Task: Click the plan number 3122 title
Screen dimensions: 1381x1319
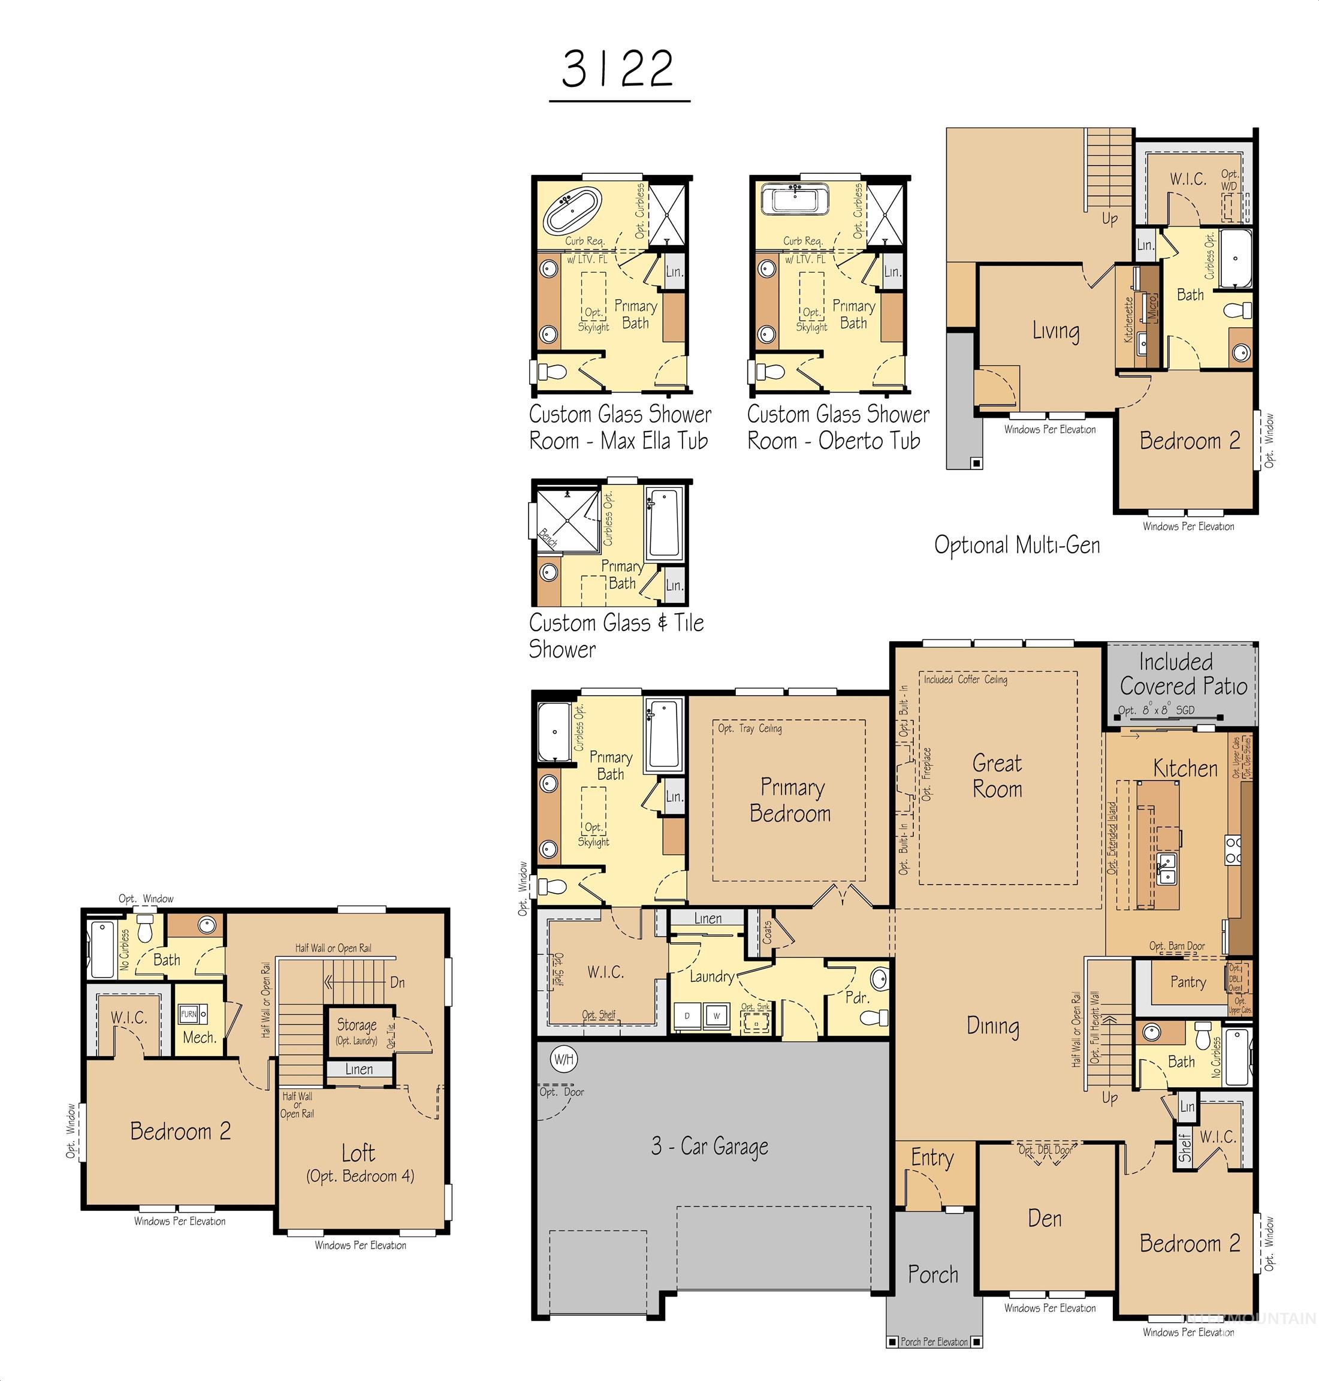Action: (618, 70)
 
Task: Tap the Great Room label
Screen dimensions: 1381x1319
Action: (997, 776)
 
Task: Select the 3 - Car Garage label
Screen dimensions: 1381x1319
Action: (709, 1146)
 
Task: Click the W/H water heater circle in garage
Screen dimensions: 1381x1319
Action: (563, 1059)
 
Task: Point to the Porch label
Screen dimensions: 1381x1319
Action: (932, 1274)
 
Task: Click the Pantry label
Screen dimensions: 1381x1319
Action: (1188, 982)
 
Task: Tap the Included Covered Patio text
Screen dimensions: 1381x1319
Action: (1184, 674)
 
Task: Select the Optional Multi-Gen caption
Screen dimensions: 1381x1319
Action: (1017, 545)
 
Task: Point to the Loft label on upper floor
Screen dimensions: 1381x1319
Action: (358, 1153)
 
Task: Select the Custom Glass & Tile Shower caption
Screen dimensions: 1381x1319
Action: (616, 635)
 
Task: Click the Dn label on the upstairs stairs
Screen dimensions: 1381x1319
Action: (397, 982)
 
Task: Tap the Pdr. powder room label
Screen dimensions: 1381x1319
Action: (857, 997)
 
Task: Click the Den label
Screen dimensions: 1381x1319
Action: (1044, 1218)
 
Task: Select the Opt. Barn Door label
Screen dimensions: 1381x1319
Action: (1176, 946)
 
